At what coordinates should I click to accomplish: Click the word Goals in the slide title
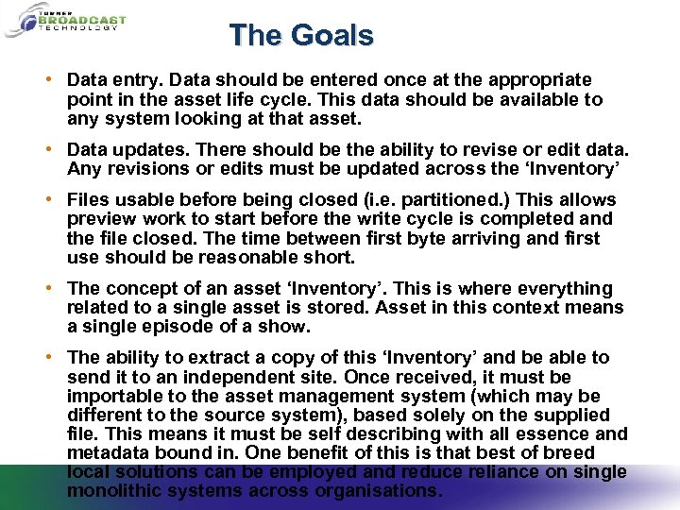(x=332, y=36)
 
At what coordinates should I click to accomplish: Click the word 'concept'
(x=143, y=288)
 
